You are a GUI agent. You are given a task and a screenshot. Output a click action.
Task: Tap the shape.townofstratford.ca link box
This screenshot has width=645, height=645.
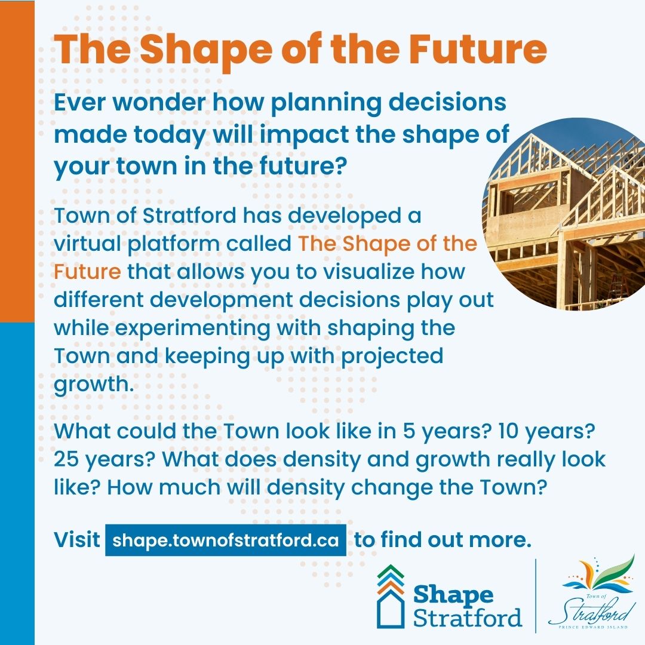tap(226, 540)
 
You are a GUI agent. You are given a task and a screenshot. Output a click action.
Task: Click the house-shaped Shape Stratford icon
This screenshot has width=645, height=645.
tap(391, 597)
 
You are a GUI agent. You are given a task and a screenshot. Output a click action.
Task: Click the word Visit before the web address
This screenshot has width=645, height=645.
tap(76, 540)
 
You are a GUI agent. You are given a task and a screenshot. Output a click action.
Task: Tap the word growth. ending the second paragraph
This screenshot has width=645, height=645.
tap(93, 384)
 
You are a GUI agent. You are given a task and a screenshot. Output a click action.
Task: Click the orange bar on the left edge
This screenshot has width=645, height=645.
tap(17, 161)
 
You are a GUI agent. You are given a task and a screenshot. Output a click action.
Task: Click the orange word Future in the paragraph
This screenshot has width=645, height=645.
tap(87, 272)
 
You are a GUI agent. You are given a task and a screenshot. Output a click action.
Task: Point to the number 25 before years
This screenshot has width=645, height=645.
tap(67, 459)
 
